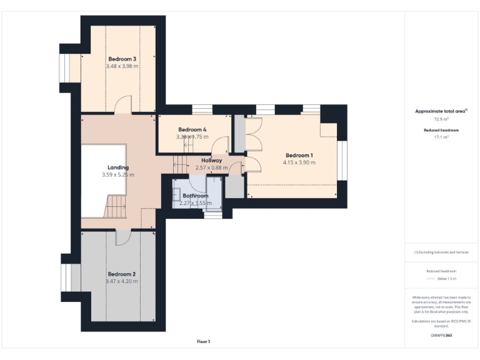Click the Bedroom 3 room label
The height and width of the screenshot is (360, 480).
122,59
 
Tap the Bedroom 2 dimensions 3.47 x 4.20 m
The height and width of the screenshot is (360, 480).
122,281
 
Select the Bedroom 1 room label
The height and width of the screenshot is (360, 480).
299,155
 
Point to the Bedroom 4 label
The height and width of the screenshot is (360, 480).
192,129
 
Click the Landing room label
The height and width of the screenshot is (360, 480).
118,167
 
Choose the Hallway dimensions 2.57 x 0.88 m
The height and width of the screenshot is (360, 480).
212,167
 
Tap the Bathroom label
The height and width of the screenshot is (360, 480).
195,196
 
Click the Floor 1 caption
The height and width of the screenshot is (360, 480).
204,341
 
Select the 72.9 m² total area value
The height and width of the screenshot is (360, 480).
441,118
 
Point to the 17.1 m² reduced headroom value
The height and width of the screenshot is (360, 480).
441,137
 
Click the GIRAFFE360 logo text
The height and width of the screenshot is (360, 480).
441,336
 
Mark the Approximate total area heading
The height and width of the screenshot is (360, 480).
441,111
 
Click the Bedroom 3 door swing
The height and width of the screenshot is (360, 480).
125,105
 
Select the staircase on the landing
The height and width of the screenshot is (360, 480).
117,206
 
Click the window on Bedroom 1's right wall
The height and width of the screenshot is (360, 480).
342,160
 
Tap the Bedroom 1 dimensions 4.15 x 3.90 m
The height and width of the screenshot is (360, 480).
299,162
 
